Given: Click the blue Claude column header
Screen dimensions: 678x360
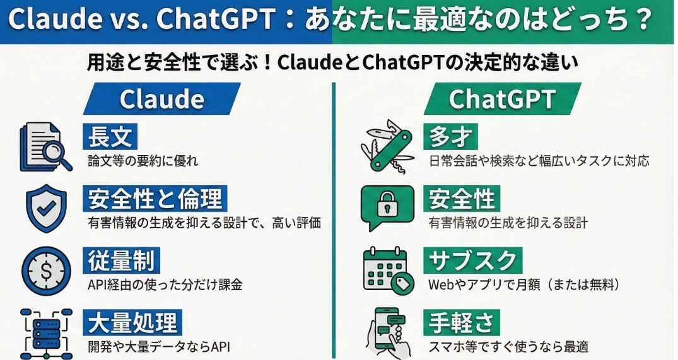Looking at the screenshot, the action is [x=161, y=98].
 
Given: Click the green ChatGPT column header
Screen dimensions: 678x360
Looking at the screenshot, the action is [x=502, y=98].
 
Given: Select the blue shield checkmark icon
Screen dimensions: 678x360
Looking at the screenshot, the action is [x=46, y=208].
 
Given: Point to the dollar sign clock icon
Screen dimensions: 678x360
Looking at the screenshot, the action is [x=46, y=271].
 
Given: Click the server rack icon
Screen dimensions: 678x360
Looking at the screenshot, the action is [x=46, y=334].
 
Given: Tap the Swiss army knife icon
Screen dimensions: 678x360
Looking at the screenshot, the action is [x=387, y=146].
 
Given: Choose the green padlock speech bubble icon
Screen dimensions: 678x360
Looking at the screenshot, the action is [x=387, y=208].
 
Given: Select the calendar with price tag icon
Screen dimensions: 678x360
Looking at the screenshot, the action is [x=389, y=270].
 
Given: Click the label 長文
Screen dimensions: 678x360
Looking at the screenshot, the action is [x=110, y=137].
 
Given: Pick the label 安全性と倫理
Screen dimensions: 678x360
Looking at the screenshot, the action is [x=155, y=199].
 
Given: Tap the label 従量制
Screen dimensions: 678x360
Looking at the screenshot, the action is [x=122, y=260].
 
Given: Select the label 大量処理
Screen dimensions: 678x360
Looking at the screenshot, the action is [x=132, y=322].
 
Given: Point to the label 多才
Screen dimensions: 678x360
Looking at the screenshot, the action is [x=450, y=137].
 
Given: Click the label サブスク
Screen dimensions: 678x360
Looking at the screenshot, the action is [x=472, y=260].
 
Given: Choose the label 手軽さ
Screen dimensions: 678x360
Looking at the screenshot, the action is [x=462, y=322].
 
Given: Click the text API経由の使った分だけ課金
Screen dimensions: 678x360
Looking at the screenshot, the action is [x=165, y=285].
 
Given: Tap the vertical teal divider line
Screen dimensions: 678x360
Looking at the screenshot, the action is [x=334, y=221].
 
